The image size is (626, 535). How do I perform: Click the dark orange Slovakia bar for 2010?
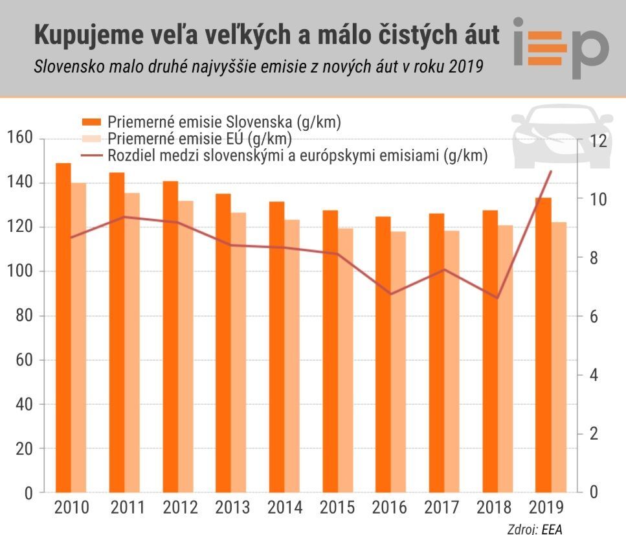63,327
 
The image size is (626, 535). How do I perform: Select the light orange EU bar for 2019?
559,357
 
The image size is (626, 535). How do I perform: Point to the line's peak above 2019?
551,172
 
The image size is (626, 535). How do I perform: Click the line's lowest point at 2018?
497,298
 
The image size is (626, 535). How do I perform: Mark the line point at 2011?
124,217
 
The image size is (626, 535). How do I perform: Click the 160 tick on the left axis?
19,139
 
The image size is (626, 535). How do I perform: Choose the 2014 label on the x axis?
285,507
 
